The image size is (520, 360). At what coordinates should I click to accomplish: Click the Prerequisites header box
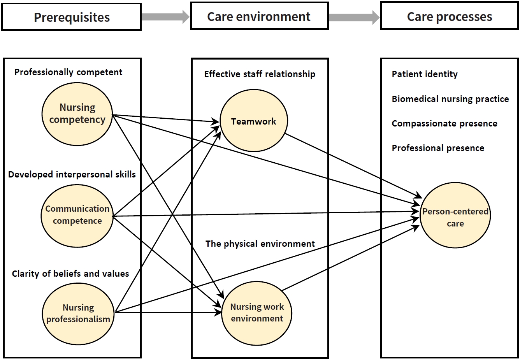[71, 17]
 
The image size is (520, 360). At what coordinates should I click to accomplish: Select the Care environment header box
[259, 16]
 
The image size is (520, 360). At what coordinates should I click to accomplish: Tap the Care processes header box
[449, 16]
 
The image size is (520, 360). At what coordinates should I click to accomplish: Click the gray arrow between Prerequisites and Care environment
[165, 17]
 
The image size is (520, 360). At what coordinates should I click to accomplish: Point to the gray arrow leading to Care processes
[354, 17]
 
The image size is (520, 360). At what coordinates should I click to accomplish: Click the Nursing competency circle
[77, 114]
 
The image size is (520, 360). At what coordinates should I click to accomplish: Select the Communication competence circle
[77, 216]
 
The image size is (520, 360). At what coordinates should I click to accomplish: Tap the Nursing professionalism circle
[78, 313]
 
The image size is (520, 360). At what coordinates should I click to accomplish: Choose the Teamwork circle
[254, 121]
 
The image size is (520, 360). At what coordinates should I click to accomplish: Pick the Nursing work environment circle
[257, 313]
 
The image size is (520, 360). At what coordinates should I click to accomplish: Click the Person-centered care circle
[455, 217]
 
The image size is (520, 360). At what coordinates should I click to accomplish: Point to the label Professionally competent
[69, 72]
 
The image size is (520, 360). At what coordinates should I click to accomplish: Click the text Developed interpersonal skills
[72, 174]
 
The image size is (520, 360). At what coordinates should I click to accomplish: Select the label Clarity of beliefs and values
[70, 274]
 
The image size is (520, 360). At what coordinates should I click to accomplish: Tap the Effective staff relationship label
[260, 74]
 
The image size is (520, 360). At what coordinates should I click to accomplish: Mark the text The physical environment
[260, 244]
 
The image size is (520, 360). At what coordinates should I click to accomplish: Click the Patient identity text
[425, 74]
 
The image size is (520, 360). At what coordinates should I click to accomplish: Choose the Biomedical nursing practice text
[450, 99]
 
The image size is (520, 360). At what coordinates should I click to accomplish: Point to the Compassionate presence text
[444, 123]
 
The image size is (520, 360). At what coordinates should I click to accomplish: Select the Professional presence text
[438, 148]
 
